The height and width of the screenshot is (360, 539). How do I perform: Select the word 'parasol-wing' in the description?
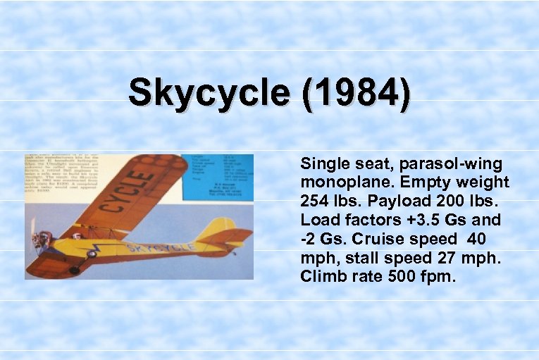pos(451,164)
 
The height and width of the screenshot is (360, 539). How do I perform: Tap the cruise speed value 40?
pos(491,239)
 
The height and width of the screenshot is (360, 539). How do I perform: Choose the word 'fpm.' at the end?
pos(440,276)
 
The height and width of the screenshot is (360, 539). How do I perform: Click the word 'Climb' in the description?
pos(321,276)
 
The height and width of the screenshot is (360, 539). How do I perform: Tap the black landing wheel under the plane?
pos(75,269)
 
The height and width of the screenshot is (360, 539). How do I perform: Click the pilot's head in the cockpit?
pos(85,230)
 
